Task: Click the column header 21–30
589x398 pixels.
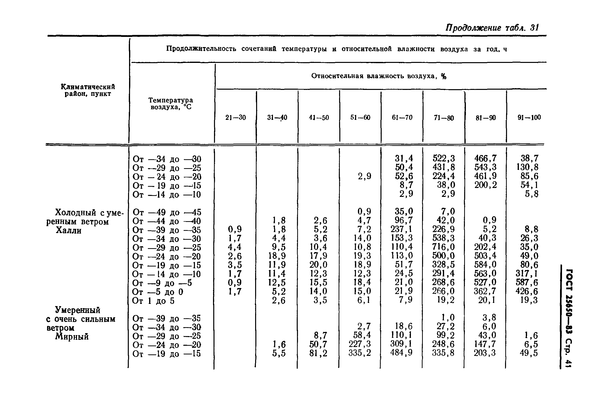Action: pyautogui.click(x=236, y=118)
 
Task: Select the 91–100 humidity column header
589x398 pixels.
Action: pyautogui.click(x=529, y=117)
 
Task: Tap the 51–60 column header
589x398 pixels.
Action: pyautogui.click(x=360, y=118)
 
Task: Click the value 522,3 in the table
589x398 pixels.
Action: pyautogui.click(x=444, y=158)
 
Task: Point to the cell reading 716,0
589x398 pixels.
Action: pyautogui.click(x=444, y=247)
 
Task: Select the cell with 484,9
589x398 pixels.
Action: pyautogui.click(x=402, y=352)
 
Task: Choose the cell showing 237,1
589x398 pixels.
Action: pyautogui.click(x=402, y=229)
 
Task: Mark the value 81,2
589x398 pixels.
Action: pyautogui.click(x=318, y=353)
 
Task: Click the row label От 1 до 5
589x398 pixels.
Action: pyautogui.click(x=153, y=301)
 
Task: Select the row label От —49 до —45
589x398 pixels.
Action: pyautogui.click(x=167, y=212)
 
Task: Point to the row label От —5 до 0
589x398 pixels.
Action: pyautogui.click(x=158, y=292)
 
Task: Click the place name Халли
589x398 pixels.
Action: pyautogui.click(x=68, y=230)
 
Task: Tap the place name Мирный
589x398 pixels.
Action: pyautogui.click(x=72, y=336)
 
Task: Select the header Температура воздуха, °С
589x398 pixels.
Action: pyautogui.click(x=171, y=104)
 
